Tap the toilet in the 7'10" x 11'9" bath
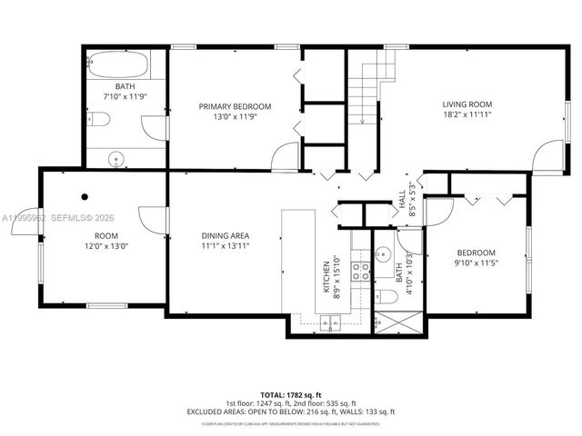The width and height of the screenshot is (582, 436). tap(101, 118)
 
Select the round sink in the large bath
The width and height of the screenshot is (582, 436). tap(115, 160)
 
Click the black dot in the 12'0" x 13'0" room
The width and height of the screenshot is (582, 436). tap(85, 196)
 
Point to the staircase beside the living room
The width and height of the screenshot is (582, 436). tap(369, 91)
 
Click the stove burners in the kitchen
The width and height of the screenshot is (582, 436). tap(360, 270)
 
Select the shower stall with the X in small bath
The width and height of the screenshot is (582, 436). tap(397, 323)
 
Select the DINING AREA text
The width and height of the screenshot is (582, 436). tap(225, 236)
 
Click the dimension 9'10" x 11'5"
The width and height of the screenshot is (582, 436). tap(477, 263)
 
